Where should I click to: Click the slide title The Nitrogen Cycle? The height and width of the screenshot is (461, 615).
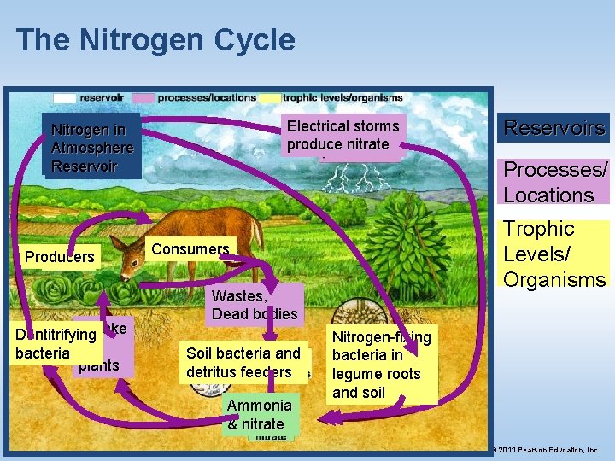click(155, 40)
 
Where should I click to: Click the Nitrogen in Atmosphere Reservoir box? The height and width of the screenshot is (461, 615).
click(91, 148)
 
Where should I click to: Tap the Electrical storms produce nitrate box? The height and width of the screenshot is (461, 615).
click(343, 136)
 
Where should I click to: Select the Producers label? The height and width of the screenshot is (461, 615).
click(60, 257)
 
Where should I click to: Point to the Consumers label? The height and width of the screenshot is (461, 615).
click(190, 249)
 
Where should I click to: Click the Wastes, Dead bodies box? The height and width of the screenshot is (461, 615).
click(255, 305)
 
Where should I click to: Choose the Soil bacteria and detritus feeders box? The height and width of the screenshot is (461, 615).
click(243, 363)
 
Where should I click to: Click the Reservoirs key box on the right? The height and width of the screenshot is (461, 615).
click(554, 128)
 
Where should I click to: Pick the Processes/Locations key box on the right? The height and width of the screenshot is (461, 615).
click(555, 182)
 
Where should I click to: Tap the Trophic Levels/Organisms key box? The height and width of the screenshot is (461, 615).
click(554, 254)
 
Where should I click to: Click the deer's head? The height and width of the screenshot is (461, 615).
click(133, 253)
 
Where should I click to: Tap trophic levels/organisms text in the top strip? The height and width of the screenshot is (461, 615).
click(342, 97)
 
